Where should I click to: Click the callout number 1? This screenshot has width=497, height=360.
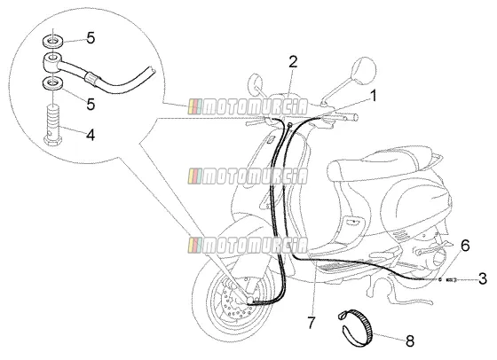tap(374, 96)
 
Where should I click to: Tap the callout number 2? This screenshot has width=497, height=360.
tap(293, 62)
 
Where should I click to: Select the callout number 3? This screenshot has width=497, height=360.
tap(483, 279)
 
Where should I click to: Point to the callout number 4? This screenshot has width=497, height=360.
tap(91, 135)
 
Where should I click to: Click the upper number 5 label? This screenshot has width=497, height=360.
tap(91, 38)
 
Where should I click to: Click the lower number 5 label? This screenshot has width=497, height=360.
tap(91, 104)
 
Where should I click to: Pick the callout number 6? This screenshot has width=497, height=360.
tap(465, 246)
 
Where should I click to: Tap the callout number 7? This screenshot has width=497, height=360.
tap(311, 323)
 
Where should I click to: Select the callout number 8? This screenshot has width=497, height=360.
tap(410, 341)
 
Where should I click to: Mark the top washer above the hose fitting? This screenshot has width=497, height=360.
tap(52, 42)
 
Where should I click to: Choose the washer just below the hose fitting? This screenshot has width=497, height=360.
tap(52, 84)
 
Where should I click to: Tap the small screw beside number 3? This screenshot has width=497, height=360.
tap(452, 279)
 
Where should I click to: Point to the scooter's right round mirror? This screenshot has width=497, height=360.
tap(364, 70)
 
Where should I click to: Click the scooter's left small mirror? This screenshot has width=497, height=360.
tap(256, 83)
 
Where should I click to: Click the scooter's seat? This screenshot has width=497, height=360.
tap(381, 166)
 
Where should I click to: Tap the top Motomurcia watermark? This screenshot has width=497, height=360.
tap(248, 106)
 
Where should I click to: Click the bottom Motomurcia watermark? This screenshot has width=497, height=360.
tap(248, 246)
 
